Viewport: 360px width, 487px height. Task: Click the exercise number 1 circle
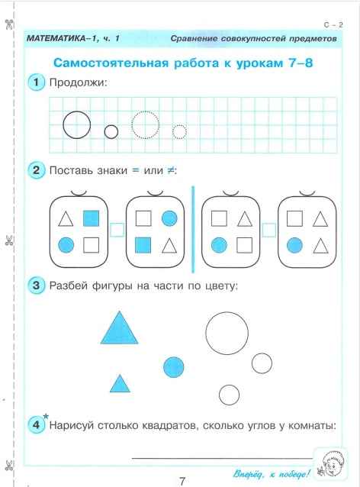click(36, 83)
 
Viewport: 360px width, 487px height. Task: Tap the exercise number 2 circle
click(36, 171)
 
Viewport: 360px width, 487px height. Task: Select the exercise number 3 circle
click(36, 286)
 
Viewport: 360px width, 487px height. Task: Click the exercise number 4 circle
click(36, 425)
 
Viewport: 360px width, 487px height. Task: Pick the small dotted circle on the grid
click(179, 132)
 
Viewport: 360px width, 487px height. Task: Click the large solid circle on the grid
click(76, 124)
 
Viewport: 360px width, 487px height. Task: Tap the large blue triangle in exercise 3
click(118, 329)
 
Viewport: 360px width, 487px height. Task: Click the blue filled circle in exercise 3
click(175, 367)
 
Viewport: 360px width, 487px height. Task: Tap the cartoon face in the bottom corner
click(333, 463)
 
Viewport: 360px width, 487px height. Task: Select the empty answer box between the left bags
click(117, 228)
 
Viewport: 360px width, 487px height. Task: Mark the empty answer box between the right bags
click(268, 228)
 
